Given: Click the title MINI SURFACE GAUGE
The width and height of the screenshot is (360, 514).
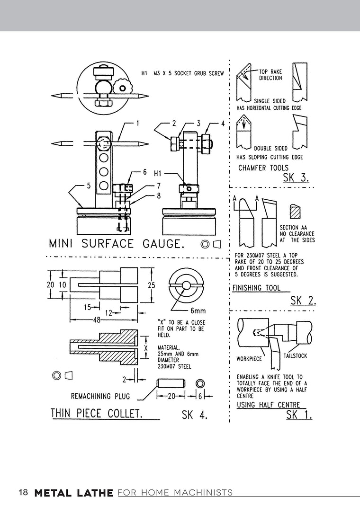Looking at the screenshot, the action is (115, 244).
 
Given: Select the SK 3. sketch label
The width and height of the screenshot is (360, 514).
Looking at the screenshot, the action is (296, 177).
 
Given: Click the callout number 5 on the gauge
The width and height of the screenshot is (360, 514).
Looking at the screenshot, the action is (88, 186).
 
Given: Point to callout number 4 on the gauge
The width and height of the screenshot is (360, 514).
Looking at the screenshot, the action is (223, 124).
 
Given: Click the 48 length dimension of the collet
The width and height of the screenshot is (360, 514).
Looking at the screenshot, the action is (97, 319).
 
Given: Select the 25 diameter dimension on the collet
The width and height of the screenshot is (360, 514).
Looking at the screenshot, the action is (151, 285).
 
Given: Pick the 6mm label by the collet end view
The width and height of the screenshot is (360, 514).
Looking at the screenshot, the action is (198, 310).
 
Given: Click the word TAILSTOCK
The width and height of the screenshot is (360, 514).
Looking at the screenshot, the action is (295, 355).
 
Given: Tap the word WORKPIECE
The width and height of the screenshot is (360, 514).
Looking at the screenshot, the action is (250, 359).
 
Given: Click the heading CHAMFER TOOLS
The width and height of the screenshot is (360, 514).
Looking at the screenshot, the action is (263, 168).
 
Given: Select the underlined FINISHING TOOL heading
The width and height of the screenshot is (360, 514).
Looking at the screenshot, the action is (256, 288).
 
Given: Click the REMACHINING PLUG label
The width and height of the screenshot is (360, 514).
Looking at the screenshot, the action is (100, 396).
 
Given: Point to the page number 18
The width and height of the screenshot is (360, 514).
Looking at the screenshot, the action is (23, 492).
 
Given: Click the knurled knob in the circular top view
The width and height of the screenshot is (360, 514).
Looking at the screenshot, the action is (123, 88).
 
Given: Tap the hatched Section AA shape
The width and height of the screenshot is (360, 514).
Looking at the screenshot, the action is (296, 212).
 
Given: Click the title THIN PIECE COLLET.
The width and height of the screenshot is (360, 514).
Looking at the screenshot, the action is (97, 413).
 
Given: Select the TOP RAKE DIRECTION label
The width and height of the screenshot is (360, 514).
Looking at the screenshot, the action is (270, 75).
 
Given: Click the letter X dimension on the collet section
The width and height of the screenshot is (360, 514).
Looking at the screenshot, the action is (146, 347).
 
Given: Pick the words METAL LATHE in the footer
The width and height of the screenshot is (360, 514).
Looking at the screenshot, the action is (74, 493).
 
